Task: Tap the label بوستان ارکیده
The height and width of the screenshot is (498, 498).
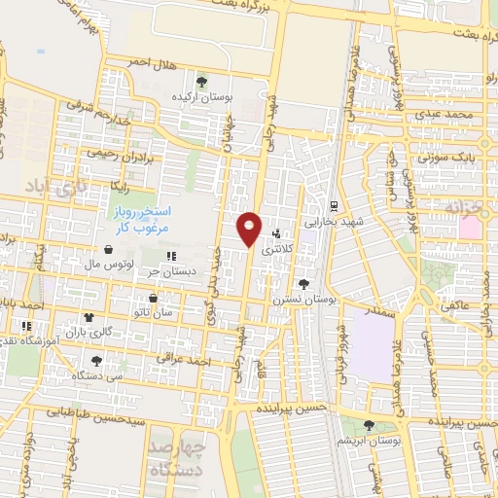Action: tap(201, 98)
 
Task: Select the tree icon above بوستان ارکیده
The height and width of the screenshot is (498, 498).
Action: tap(201, 82)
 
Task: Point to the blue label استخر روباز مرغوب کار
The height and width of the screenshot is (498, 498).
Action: tap(136, 218)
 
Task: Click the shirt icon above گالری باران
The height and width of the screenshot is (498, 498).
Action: tap(90, 317)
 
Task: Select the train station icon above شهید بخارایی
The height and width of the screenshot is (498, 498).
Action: tap(334, 205)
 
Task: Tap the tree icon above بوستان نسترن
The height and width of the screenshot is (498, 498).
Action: tap(305, 284)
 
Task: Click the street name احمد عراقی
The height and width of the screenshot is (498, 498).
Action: tap(187, 361)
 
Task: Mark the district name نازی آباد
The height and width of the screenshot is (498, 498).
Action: tap(46, 182)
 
